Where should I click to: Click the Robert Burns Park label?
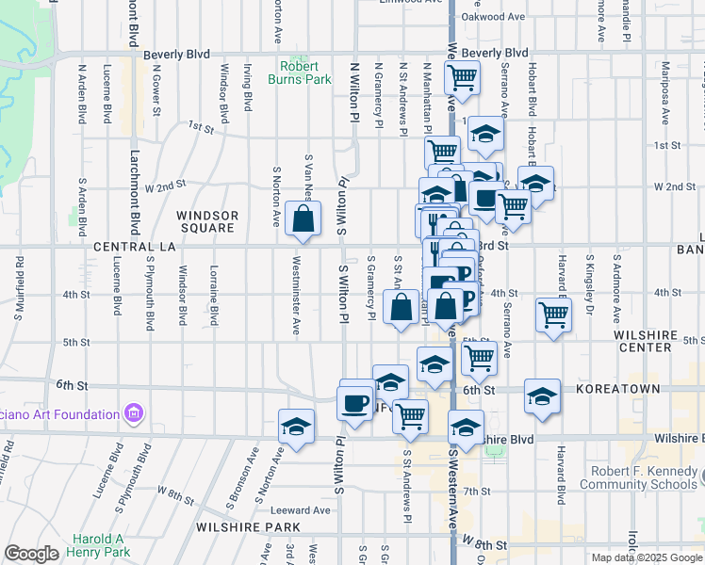click(305, 73)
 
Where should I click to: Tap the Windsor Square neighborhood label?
click(207, 221)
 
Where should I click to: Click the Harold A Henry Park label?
click(98, 545)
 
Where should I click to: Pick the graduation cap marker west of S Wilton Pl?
click(296, 427)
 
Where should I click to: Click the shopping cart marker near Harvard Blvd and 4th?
click(553, 315)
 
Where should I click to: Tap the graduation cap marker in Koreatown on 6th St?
click(542, 396)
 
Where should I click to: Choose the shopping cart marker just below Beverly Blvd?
click(462, 77)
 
